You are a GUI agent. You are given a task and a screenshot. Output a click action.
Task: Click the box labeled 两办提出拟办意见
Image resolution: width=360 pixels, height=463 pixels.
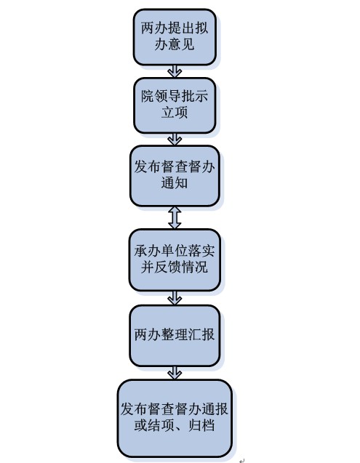coord(175,37)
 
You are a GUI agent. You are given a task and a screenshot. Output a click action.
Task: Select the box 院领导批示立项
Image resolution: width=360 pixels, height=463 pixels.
coord(175,105)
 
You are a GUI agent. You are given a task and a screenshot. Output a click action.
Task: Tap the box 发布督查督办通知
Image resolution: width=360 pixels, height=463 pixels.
coord(175,176)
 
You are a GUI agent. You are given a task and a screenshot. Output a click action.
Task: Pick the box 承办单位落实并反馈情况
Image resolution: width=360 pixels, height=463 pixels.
coord(175,260)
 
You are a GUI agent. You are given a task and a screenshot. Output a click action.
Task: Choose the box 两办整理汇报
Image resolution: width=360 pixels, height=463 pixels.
coord(175,336)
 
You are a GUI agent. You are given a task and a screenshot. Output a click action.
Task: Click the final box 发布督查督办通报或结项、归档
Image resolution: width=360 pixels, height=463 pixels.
coord(175,419)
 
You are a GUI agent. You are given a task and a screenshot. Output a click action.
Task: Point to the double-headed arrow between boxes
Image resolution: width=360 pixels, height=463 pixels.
coord(175,217)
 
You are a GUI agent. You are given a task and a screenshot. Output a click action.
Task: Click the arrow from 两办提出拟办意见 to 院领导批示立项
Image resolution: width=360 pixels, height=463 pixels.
coord(175,71)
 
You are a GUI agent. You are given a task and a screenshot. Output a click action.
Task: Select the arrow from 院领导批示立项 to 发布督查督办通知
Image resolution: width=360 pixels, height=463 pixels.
coord(175,140)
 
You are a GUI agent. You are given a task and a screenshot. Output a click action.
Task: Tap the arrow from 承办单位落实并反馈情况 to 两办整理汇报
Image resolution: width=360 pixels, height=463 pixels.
coord(175,298)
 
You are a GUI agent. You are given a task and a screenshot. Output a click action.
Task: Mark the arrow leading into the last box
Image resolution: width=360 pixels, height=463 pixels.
coord(175,374)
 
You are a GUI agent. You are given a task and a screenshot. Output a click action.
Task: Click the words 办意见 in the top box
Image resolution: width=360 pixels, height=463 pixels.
coord(175,44)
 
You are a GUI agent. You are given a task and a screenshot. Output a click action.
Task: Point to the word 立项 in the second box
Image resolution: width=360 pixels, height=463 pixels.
coord(175,113)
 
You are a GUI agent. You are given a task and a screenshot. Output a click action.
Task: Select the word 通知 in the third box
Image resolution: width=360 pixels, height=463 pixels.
coord(175,182)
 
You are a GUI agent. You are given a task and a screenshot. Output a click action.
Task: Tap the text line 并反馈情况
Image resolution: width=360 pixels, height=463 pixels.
coord(175,267)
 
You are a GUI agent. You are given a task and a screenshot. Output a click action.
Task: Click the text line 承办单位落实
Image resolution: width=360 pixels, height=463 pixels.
coord(175,251)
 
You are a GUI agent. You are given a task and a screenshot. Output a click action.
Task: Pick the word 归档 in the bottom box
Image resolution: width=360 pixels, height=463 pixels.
coord(201,425)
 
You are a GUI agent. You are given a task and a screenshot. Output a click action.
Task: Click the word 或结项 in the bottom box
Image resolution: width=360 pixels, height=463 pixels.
coord(154,425)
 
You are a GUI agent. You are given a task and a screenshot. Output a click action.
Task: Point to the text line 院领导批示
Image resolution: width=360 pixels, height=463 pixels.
coord(175,97)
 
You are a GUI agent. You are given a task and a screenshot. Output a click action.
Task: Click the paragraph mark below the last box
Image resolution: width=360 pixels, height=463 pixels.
coord(242,460)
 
